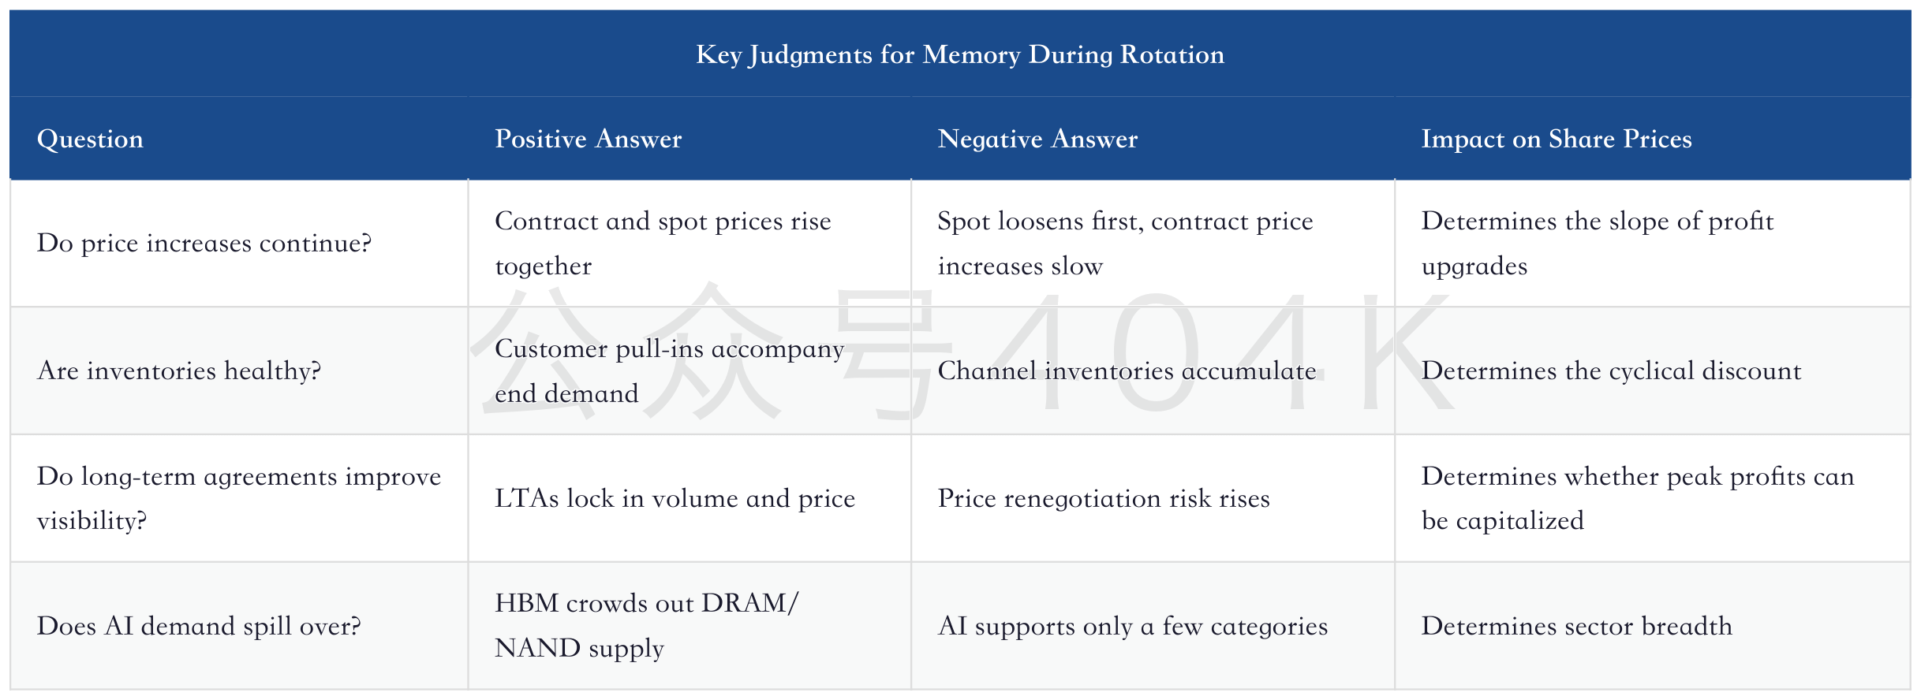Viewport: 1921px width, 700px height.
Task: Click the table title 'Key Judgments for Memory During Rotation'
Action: pyautogui.click(x=960, y=54)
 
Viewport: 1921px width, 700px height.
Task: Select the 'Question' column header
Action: pyautogui.click(x=90, y=139)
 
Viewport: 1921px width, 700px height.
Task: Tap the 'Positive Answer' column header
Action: pyautogui.click(x=588, y=139)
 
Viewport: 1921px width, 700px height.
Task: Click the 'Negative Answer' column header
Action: pyautogui.click(x=1037, y=139)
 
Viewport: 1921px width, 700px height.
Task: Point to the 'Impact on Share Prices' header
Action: pyautogui.click(x=1557, y=139)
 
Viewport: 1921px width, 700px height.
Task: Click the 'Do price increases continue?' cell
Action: pyautogui.click(x=204, y=243)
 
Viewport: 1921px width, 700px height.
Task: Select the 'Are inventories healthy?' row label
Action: pyautogui.click(x=179, y=370)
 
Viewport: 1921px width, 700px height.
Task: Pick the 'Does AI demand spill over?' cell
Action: pyautogui.click(x=199, y=626)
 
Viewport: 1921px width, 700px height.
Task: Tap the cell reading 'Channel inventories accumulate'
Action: pyautogui.click(x=1127, y=370)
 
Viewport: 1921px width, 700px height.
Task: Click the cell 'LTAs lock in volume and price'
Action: pyautogui.click(x=675, y=498)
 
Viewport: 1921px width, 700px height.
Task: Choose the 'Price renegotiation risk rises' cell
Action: pyautogui.click(x=1104, y=498)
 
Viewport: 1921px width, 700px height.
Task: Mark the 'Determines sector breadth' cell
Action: pyautogui.click(x=1577, y=626)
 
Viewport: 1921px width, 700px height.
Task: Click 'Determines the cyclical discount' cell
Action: pyautogui.click(x=1611, y=370)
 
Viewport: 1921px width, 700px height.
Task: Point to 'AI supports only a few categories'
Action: pyautogui.click(x=1132, y=626)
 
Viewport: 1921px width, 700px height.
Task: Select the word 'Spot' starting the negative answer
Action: pyautogui.click(x=962, y=222)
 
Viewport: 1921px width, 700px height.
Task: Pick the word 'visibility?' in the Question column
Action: pyautogui.click(x=92, y=521)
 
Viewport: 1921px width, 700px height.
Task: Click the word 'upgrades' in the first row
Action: pyautogui.click(x=1474, y=266)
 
